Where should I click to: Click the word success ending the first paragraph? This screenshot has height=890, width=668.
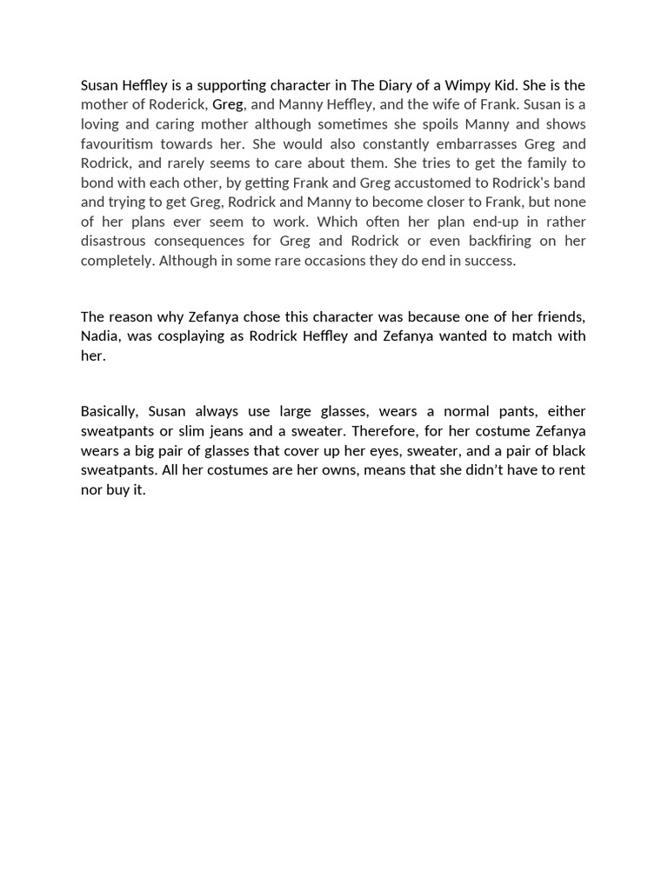(x=491, y=261)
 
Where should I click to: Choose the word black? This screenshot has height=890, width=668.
(x=566, y=450)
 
